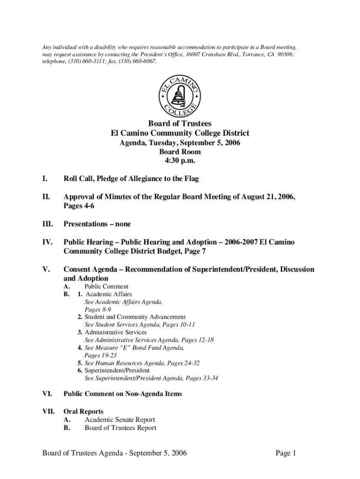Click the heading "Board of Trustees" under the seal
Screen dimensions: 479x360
pyautogui.click(x=180, y=124)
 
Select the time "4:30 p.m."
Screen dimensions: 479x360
pyautogui.click(x=180, y=161)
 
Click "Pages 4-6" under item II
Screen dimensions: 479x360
pyautogui.click(x=78, y=206)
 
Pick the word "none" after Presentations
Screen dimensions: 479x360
pyautogui.click(x=122, y=224)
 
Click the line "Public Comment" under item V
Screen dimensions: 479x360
pyautogui.click(x=106, y=286)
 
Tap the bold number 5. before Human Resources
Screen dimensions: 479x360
pyautogui.click(x=80, y=363)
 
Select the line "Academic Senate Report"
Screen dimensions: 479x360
pyautogui.click(x=120, y=420)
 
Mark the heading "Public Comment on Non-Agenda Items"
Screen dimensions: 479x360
pyautogui.click(x=122, y=394)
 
